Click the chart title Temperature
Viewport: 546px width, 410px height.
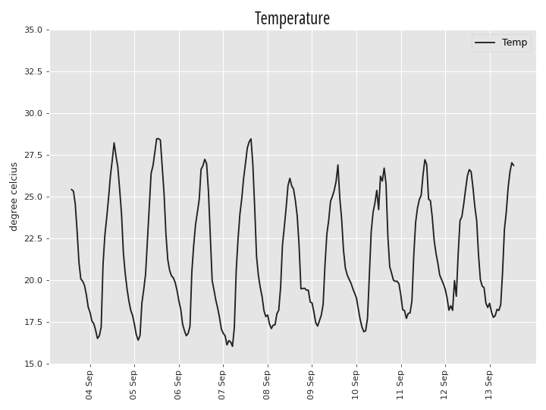pos(292,18)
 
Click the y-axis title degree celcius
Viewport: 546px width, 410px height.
pos(14,197)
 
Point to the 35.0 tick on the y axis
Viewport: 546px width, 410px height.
pos(33,30)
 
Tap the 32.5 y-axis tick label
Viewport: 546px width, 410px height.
pos(33,72)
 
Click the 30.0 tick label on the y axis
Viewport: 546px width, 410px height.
pos(33,114)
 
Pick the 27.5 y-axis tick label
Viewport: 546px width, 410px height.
pos(33,155)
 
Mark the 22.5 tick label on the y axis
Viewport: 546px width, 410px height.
pos(33,239)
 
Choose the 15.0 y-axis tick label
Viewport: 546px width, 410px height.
pos(33,364)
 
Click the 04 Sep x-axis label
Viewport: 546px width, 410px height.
pos(89,385)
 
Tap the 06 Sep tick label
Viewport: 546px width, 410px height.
pos(177,385)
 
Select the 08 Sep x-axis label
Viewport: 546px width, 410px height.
pos(266,385)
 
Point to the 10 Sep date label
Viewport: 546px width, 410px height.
pos(355,385)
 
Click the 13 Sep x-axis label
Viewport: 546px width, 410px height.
pos(488,385)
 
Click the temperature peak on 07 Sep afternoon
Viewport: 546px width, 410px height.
pos(251,139)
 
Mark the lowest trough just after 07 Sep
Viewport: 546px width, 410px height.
pos(233,346)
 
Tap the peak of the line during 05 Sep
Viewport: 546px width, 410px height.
pos(158,138)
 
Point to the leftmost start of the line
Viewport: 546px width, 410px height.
pos(71,189)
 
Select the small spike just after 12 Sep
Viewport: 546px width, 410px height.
pos(454,281)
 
